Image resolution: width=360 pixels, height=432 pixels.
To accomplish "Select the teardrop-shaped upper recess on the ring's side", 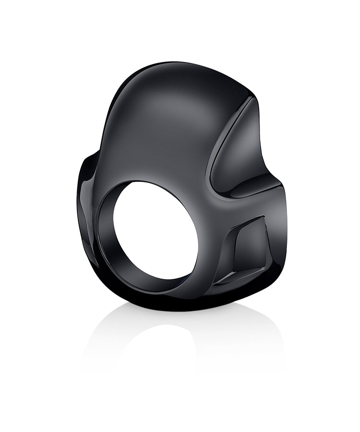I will [235, 154].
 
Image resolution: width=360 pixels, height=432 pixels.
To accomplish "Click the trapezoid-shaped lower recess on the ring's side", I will [247, 250].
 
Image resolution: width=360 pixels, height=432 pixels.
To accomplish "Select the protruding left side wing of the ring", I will [86, 202].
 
